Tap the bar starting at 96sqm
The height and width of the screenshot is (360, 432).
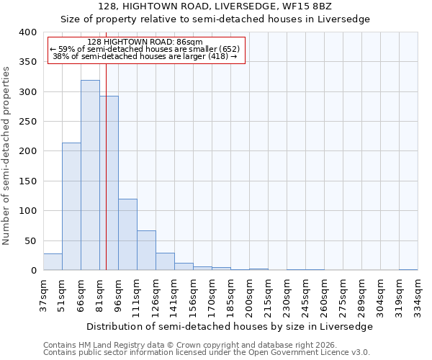(127, 235)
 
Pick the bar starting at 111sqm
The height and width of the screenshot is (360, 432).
(146, 251)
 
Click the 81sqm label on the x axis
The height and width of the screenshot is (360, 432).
(100, 295)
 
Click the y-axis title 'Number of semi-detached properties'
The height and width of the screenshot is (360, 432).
(6, 156)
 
